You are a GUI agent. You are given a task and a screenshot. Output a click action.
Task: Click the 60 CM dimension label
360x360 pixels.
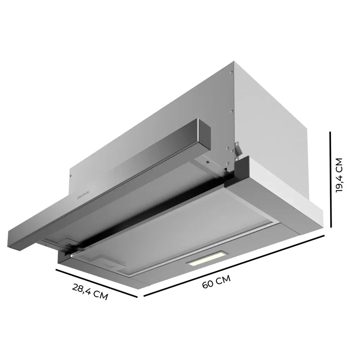pyautogui.click(x=216, y=282)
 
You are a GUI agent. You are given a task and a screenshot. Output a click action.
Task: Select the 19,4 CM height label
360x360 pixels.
pyautogui.click(x=339, y=175)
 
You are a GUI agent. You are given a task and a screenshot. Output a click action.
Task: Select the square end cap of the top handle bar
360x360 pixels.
pyautogui.click(x=204, y=133)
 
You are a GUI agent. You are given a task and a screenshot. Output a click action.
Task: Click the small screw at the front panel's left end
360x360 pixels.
pyautogui.click(x=70, y=176)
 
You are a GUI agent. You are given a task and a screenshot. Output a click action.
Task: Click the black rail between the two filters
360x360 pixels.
pyautogui.click(x=148, y=216)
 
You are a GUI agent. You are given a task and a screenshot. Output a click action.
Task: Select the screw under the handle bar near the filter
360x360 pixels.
pyautogui.click(x=208, y=163)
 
